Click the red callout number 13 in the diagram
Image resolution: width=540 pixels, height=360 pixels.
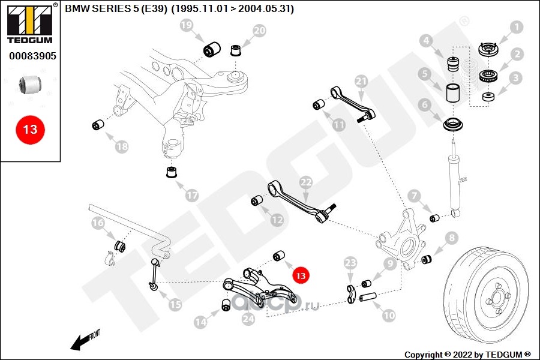(x=300, y=275)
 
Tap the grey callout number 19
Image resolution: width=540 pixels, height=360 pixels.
(x=187, y=25)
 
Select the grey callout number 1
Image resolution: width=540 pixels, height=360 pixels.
(x=516, y=27)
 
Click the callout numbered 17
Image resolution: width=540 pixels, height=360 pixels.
(x=191, y=195)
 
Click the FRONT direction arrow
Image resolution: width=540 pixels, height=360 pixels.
(x=85, y=340)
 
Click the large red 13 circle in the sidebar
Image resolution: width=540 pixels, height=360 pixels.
(x=30, y=129)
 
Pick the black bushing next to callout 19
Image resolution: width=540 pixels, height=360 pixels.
(x=211, y=49)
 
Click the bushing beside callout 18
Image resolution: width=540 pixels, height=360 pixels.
(x=97, y=125)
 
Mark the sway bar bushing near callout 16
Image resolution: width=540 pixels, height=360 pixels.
(x=119, y=245)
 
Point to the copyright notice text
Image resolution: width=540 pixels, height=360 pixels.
(x=468, y=354)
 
